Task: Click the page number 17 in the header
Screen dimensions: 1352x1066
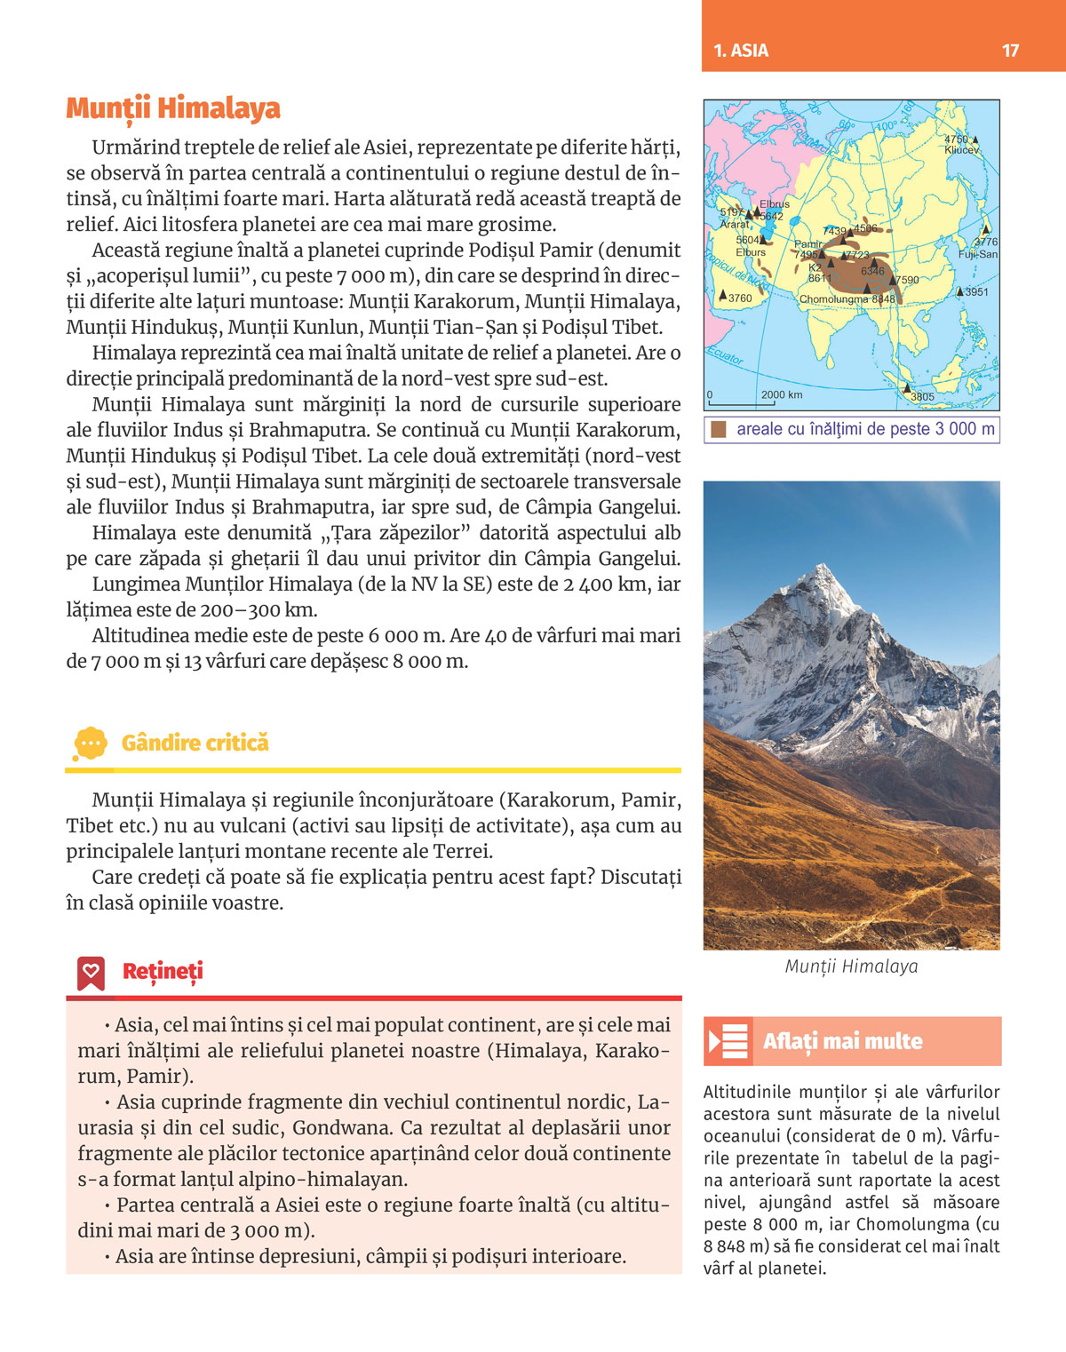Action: coord(1010,51)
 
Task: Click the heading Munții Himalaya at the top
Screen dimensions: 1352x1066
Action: coord(173,108)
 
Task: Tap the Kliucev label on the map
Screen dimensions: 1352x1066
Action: coord(961,150)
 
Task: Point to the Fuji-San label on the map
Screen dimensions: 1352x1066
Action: coord(977,254)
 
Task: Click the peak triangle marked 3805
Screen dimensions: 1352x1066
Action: coord(907,388)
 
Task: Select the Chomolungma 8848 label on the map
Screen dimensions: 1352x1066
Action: coord(847,299)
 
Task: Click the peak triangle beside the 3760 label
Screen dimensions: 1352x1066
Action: coord(723,294)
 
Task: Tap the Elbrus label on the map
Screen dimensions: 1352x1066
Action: coord(775,204)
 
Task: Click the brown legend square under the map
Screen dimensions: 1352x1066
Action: coord(719,430)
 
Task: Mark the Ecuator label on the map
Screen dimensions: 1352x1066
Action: coord(725,356)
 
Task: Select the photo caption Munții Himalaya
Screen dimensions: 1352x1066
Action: coord(851,966)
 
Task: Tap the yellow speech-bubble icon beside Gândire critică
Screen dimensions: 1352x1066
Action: coord(91,743)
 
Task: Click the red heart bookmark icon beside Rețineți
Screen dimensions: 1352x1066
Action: coord(91,973)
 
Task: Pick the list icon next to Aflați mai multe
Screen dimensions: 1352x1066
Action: coord(728,1041)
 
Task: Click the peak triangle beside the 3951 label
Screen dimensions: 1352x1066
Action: coord(960,291)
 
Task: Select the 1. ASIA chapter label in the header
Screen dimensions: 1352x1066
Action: coord(741,51)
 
